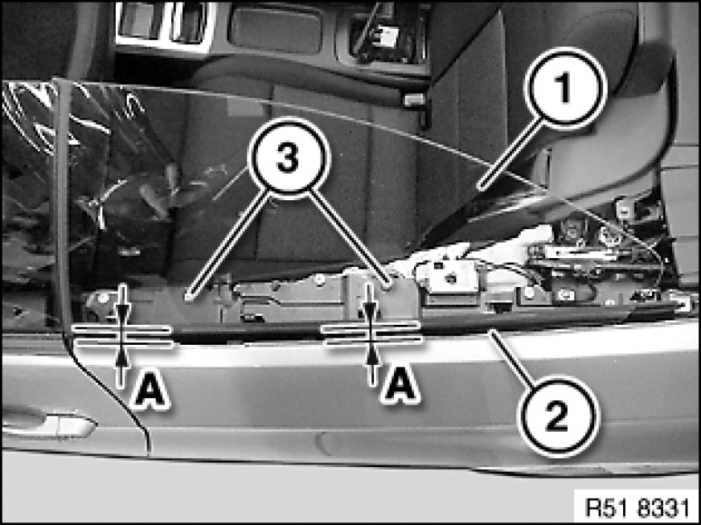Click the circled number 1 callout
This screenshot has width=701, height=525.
click(564, 88)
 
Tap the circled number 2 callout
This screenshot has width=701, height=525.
click(557, 416)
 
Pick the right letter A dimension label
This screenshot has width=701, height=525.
click(400, 383)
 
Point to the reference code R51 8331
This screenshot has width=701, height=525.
click(636, 507)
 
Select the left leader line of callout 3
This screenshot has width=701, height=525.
click(229, 245)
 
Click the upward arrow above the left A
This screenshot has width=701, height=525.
click(121, 367)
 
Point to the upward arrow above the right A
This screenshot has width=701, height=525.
click(371, 363)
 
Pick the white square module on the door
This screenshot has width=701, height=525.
click(449, 277)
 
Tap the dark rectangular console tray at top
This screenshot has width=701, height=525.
click(276, 30)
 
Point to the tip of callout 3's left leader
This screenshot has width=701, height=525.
click(189, 298)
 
